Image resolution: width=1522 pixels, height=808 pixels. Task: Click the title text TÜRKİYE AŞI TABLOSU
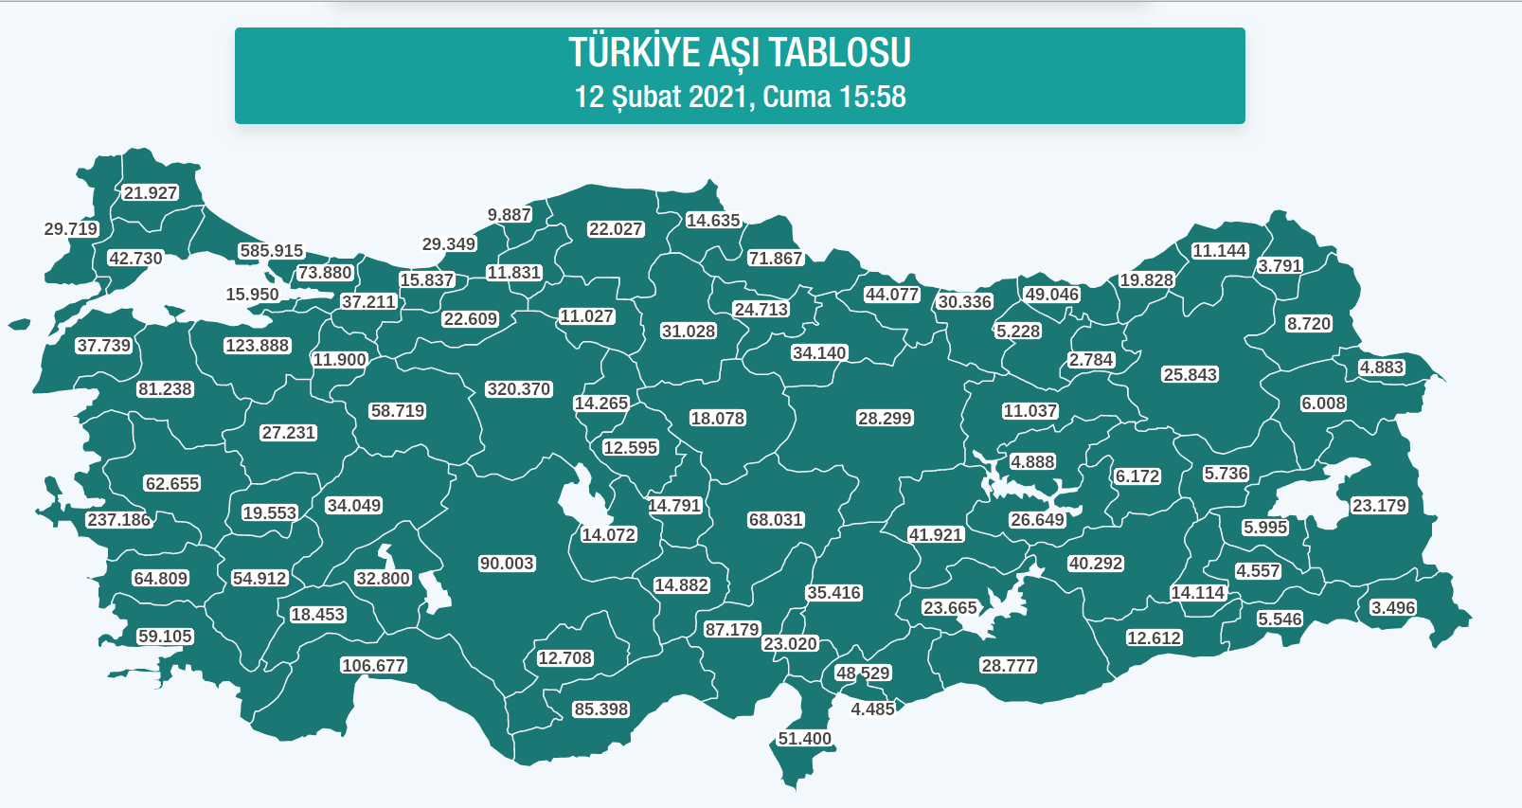click(740, 53)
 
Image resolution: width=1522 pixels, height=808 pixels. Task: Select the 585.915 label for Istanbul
click(271, 251)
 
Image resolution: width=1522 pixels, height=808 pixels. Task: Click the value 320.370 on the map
click(518, 389)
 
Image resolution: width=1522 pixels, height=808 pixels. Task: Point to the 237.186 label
click(118, 520)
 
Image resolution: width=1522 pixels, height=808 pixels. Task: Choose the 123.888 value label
click(257, 346)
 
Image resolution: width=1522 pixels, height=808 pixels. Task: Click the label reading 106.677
click(373, 666)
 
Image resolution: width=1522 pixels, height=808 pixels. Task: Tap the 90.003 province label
click(507, 564)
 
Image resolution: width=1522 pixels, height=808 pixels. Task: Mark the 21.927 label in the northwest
click(151, 193)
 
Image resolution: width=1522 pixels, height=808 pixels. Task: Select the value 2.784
click(1091, 360)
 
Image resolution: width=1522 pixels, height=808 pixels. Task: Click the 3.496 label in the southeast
click(1393, 608)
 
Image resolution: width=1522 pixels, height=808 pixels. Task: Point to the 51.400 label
click(804, 739)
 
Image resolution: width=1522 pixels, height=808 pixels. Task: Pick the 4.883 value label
click(1382, 368)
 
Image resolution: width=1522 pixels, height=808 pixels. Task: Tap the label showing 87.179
click(732, 630)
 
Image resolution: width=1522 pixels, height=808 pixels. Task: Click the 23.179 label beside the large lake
click(1379, 506)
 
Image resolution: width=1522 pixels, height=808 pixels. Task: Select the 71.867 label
click(775, 259)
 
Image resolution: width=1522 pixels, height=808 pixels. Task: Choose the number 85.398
click(601, 709)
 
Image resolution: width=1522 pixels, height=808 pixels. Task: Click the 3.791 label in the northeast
click(1280, 266)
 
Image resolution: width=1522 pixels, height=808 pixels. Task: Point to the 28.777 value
click(1008, 666)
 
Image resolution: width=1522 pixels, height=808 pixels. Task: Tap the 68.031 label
click(776, 520)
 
